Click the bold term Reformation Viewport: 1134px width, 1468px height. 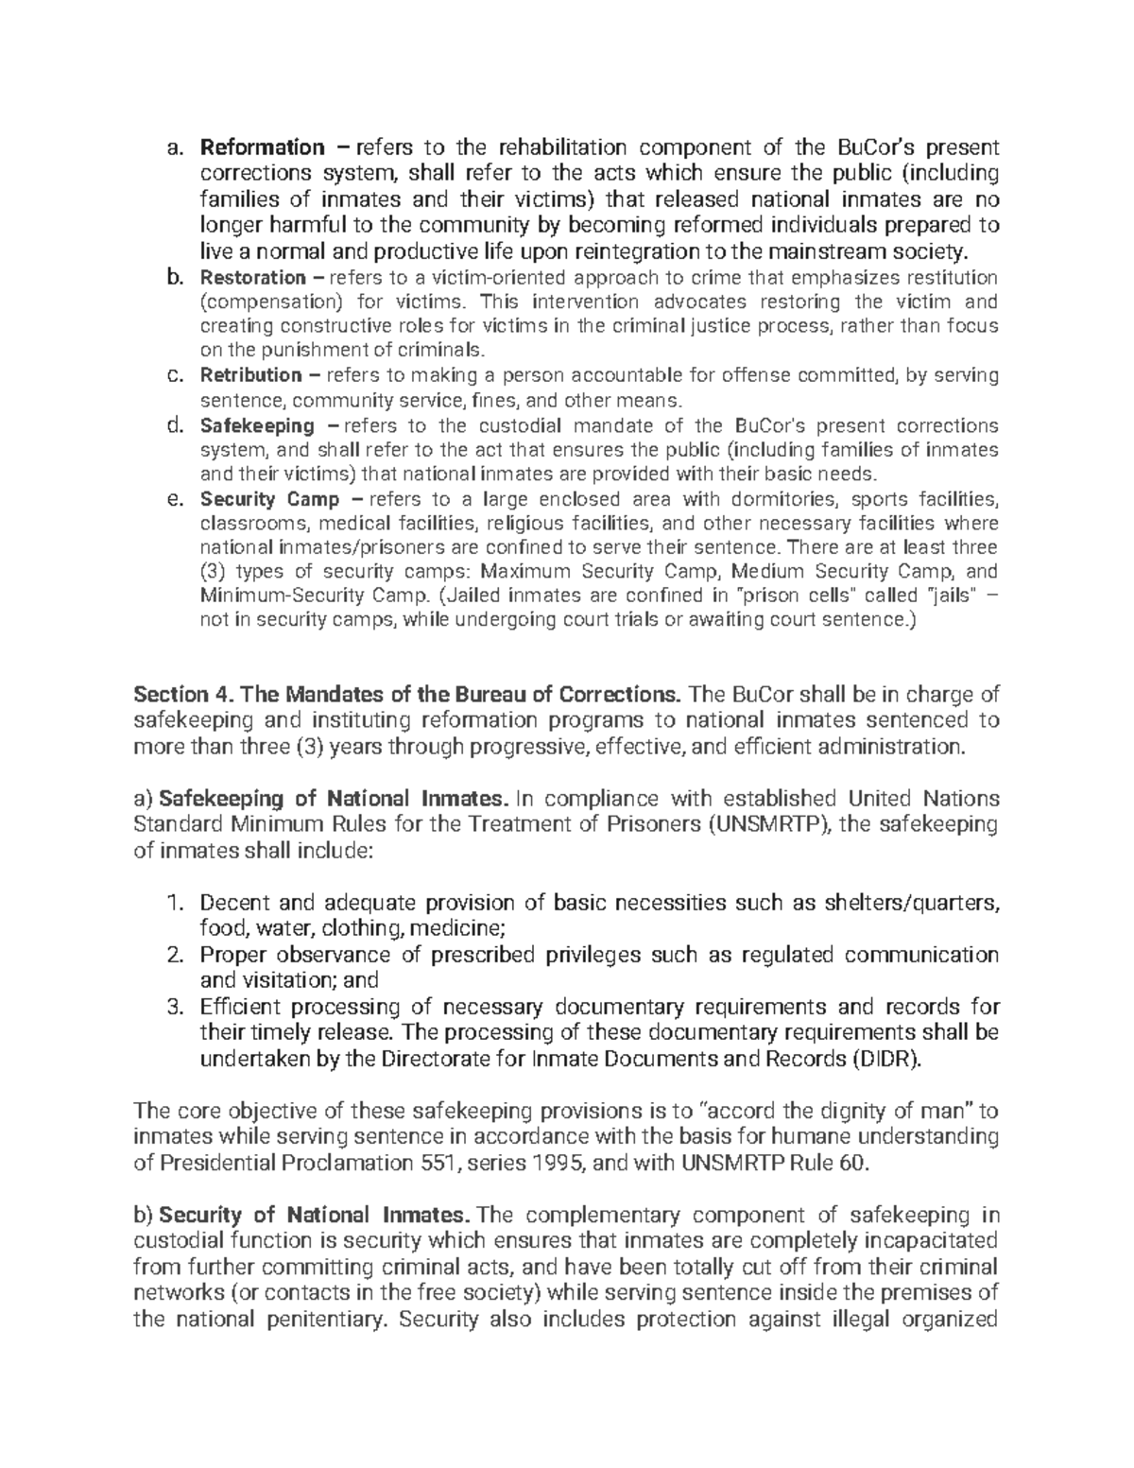(262, 147)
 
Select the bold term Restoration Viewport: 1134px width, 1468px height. (252, 278)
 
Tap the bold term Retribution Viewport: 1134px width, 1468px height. (250, 375)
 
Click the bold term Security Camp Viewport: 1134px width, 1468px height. (268, 499)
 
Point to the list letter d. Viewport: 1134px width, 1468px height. (172, 425)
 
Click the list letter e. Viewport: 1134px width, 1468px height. (172, 499)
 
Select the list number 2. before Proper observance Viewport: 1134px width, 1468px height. (174, 955)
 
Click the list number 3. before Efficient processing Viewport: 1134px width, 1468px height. (174, 1007)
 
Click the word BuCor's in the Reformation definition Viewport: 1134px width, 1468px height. (877, 147)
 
